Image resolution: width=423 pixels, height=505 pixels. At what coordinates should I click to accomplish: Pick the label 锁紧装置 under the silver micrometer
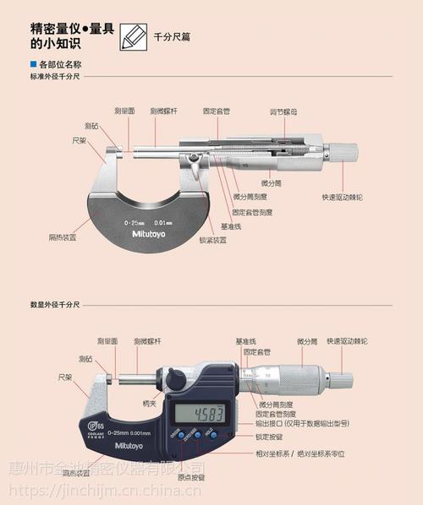(212, 239)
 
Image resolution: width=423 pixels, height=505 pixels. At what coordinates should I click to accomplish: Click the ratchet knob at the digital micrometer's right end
(341, 376)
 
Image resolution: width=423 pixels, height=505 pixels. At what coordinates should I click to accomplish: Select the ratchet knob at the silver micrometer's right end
(343, 152)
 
